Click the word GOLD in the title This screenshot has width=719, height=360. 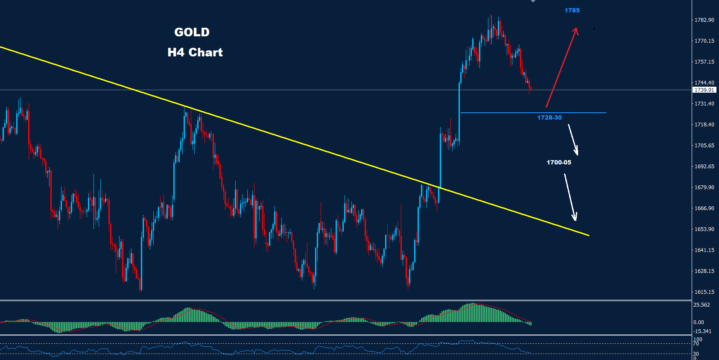(192, 32)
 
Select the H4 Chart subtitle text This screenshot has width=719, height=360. (195, 52)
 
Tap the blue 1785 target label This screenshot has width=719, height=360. (572, 10)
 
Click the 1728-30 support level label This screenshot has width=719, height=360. (549, 117)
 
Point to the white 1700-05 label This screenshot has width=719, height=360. (559, 162)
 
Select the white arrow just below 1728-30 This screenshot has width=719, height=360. (573, 140)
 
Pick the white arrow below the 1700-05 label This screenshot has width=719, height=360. (570, 197)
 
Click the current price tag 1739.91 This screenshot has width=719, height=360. (704, 90)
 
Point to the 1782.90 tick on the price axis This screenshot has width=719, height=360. (704, 20)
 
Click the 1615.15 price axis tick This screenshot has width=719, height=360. (704, 292)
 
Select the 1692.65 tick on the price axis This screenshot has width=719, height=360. (704, 167)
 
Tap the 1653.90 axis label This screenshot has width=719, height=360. (704, 229)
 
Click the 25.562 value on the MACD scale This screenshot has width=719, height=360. (702, 305)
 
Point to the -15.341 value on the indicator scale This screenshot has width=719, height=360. (702, 331)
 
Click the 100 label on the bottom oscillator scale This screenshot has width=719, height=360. (698, 340)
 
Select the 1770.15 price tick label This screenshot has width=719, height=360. (704, 41)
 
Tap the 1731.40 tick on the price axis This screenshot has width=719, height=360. (704, 104)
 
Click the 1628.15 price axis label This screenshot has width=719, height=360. (704, 271)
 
